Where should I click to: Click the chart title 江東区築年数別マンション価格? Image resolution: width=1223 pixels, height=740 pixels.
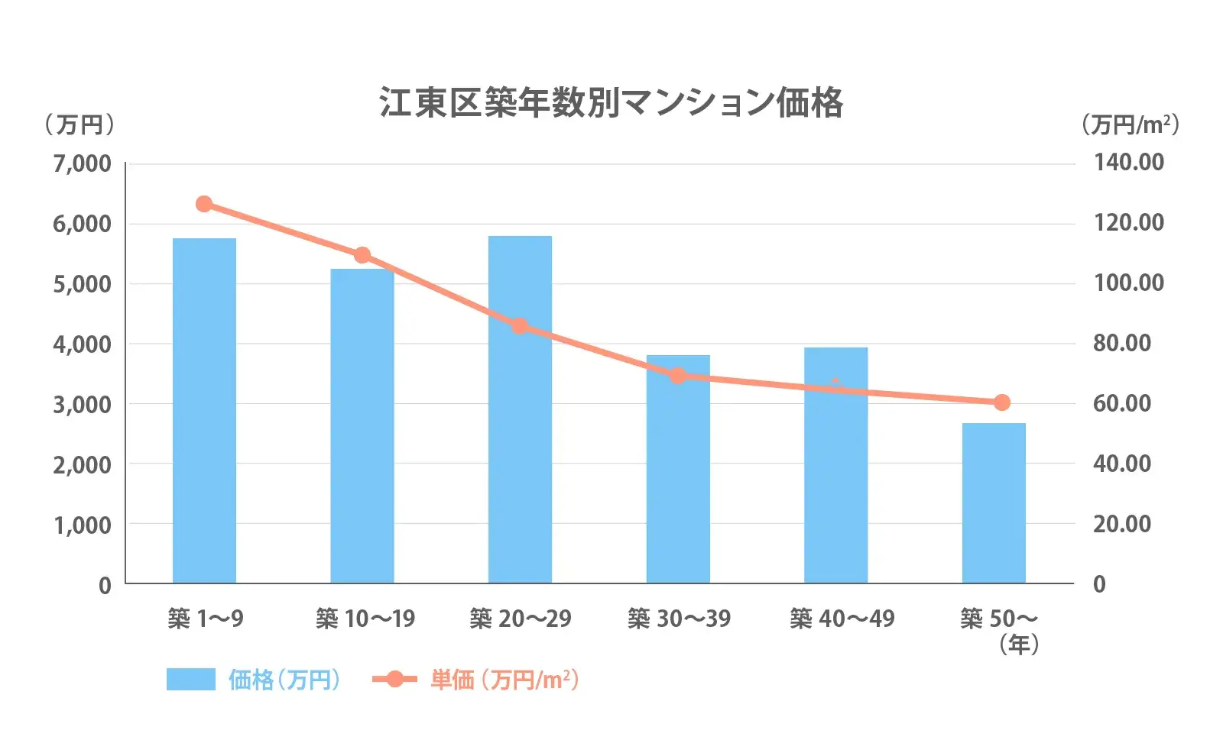pos(611,102)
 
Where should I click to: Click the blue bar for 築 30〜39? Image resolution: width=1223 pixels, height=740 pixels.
pos(678,469)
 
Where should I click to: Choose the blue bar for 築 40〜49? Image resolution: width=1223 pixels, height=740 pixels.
pos(835,465)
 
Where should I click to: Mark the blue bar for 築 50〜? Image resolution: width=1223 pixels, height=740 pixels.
pos(994,503)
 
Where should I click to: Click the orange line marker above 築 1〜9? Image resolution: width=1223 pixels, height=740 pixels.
pos(204,204)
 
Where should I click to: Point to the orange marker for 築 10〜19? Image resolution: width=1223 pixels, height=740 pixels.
pos(362,255)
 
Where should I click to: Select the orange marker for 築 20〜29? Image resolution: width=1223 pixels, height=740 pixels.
pos(520,326)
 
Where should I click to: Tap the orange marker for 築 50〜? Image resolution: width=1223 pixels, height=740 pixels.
pos(1001,402)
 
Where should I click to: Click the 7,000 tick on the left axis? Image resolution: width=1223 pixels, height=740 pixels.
pos(82,163)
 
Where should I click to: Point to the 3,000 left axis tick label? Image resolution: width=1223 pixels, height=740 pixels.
pos(82,404)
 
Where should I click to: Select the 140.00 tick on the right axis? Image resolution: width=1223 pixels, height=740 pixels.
pos(1129,162)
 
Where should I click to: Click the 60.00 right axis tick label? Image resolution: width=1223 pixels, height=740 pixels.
pos(1122,403)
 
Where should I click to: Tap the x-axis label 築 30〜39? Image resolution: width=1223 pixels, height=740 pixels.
pos(679,619)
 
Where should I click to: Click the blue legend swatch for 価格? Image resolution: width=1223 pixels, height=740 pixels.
pos(191,679)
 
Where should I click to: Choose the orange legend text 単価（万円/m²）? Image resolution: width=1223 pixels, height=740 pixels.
pos(504,679)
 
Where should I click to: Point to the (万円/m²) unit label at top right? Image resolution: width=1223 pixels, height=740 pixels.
pos(1131,124)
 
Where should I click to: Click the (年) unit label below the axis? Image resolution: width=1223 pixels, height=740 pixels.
pos(1019,645)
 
